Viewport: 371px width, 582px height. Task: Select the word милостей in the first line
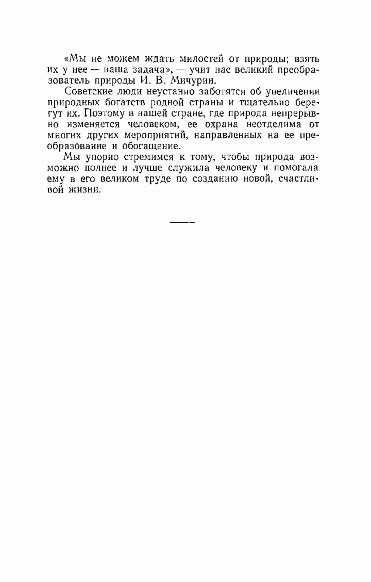pyautogui.click(x=200, y=59)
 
